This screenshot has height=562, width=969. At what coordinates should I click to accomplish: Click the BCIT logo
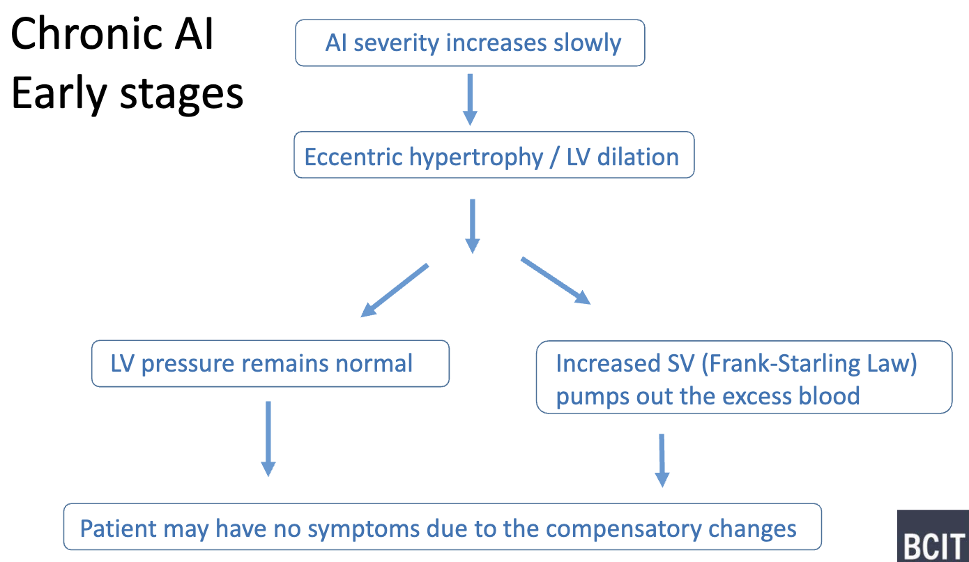932,536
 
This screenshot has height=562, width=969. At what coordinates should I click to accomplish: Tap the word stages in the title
181,93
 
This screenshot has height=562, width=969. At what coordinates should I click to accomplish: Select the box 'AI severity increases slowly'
470,43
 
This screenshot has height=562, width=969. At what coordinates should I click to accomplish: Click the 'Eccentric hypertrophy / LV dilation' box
494,155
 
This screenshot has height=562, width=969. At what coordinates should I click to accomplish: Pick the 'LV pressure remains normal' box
270,363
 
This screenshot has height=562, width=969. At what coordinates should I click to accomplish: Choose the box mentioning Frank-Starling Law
743,379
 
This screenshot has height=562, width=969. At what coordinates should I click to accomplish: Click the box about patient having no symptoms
443,527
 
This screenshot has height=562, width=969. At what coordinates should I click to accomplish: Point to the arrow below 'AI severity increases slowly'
470,99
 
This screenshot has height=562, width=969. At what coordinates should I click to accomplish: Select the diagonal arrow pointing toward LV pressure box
394,290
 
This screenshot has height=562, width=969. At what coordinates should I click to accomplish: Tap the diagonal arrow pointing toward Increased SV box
556,280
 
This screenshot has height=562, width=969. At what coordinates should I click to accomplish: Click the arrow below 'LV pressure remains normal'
268,438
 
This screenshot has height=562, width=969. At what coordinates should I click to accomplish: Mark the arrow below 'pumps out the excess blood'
662,460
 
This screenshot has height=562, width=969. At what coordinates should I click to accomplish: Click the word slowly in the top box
586,43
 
